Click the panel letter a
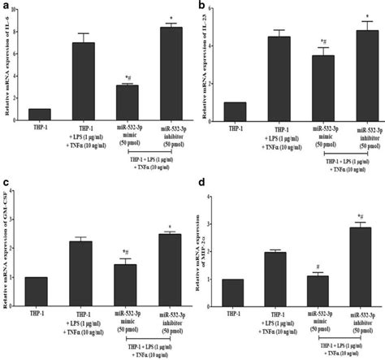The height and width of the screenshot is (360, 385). pos(6,6)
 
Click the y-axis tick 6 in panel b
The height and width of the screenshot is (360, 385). pos(210,8)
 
